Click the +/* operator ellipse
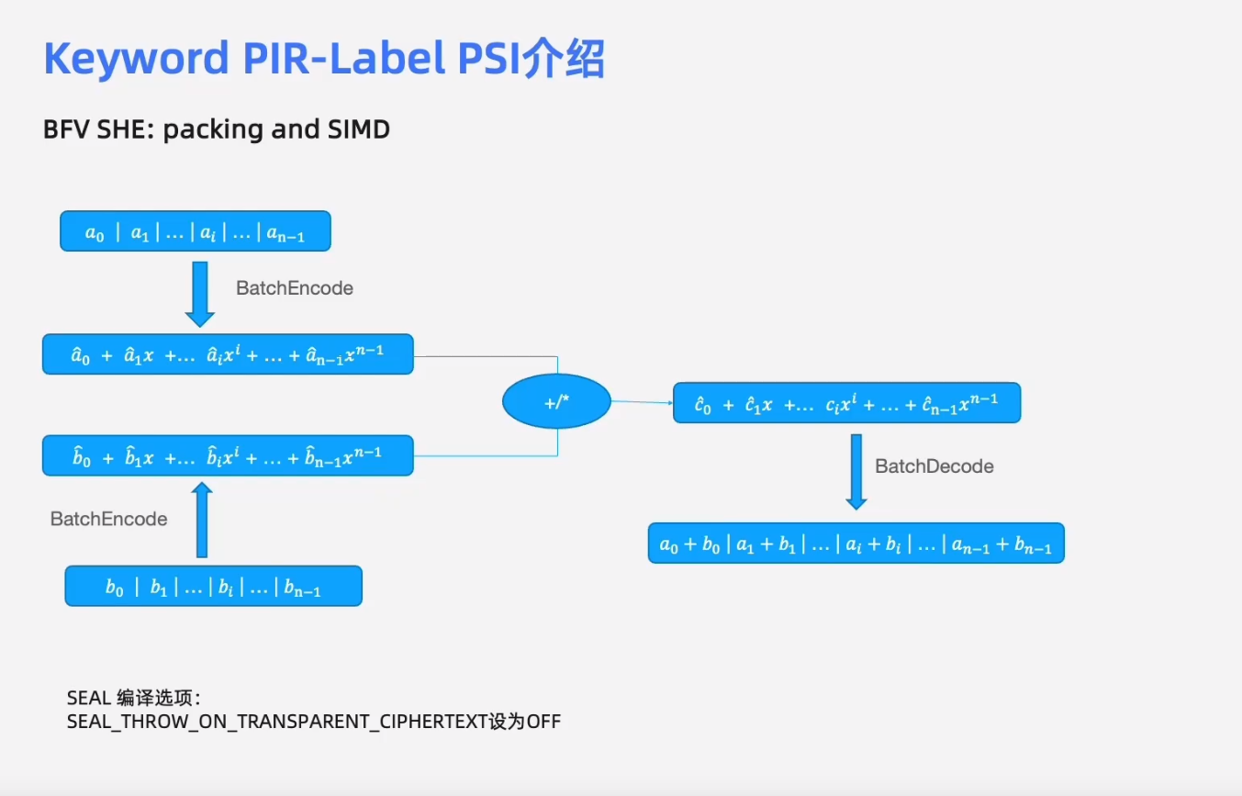coord(556,402)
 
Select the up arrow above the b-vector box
coord(201,521)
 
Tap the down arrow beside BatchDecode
coord(856,471)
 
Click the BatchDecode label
coord(934,466)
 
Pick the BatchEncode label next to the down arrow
coord(294,288)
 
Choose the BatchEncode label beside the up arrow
coord(108,520)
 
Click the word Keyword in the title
coord(135,60)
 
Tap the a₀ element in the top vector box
coord(95,234)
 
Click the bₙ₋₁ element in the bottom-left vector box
coord(302,589)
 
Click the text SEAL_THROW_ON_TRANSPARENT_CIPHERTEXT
coord(269,722)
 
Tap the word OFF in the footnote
coord(543,722)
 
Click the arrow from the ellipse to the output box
coord(642,401)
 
